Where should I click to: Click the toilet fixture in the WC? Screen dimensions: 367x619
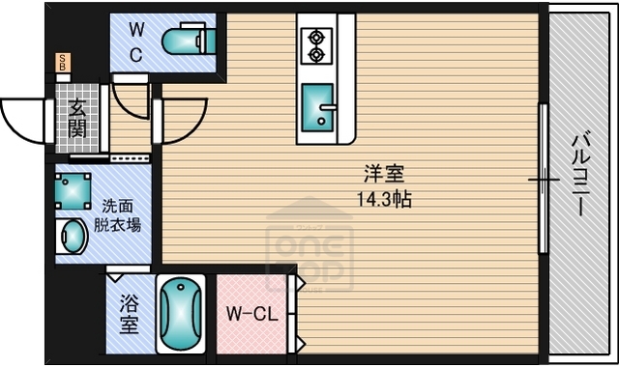(188, 41)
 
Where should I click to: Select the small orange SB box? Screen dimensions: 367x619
(63, 64)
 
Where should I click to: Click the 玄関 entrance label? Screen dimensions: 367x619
(75, 117)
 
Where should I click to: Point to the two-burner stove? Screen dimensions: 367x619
(315, 44)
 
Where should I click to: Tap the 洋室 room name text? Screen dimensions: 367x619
(383, 175)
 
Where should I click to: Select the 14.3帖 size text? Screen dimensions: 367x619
(383, 200)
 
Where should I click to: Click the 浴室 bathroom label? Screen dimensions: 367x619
(129, 316)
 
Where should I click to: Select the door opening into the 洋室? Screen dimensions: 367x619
(179, 116)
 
